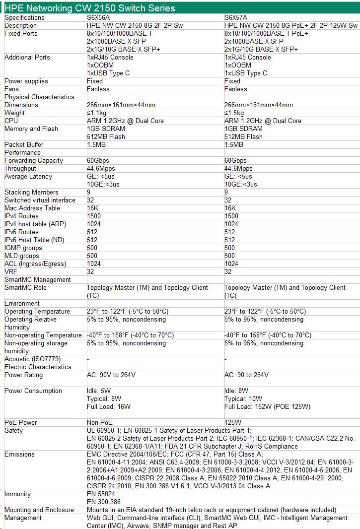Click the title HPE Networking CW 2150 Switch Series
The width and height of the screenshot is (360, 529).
(90, 8)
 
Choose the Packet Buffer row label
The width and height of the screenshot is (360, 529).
(24, 145)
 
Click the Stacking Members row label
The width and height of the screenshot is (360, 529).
(31, 193)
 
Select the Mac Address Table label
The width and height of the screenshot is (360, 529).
(32, 208)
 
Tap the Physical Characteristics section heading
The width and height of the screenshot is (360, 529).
(39, 97)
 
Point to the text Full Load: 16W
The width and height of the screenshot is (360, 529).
(109, 407)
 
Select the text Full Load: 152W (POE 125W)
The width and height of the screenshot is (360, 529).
(267, 407)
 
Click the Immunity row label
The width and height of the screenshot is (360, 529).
(17, 494)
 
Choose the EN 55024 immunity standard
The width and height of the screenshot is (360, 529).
(101, 494)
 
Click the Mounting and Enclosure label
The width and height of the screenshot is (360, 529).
(39, 510)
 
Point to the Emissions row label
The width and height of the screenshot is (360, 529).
(19, 455)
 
